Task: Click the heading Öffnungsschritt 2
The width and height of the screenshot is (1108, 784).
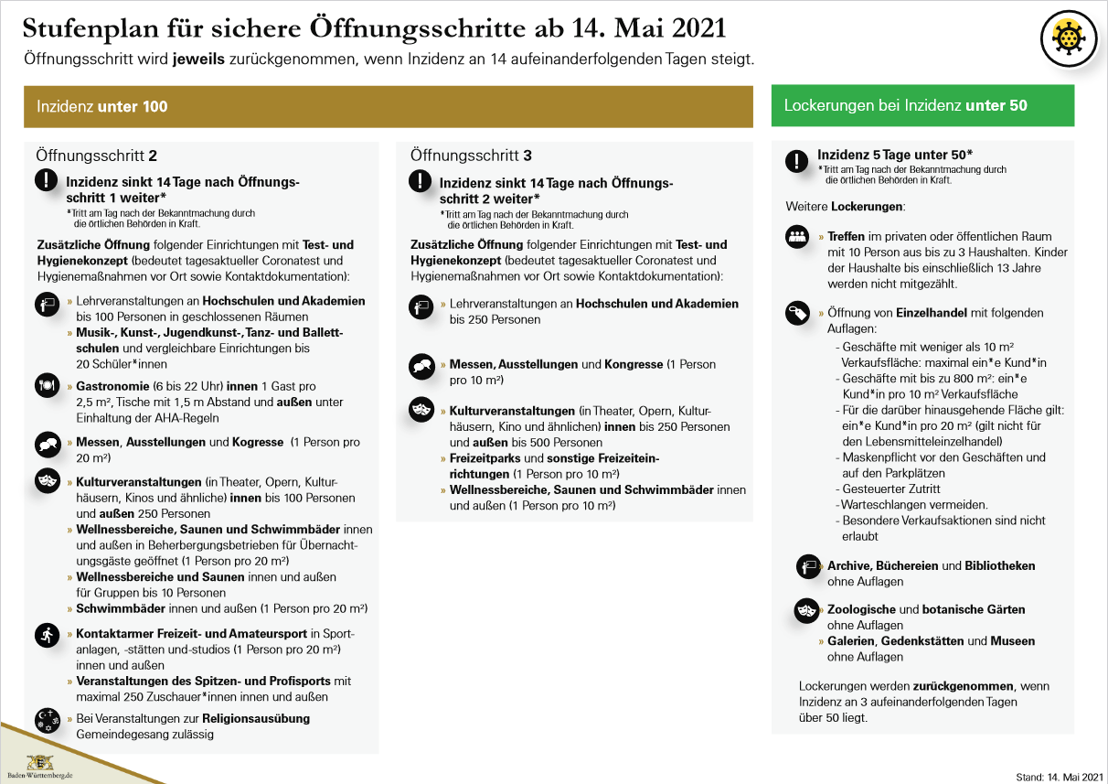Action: (96, 156)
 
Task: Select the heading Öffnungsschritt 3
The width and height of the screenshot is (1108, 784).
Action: (471, 156)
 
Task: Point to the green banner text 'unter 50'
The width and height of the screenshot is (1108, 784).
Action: (996, 106)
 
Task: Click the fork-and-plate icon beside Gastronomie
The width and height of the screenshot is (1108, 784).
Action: (47, 385)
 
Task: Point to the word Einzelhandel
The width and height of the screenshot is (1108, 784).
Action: (932, 313)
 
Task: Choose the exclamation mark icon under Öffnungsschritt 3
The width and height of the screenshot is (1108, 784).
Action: (421, 180)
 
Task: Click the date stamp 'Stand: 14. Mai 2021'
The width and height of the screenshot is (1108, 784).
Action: (1059, 777)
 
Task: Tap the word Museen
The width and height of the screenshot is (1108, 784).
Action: (1013, 641)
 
